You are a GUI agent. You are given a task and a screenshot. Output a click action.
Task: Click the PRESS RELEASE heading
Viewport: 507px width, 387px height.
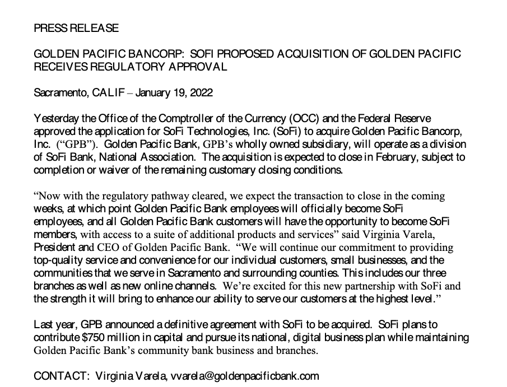(76, 27)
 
